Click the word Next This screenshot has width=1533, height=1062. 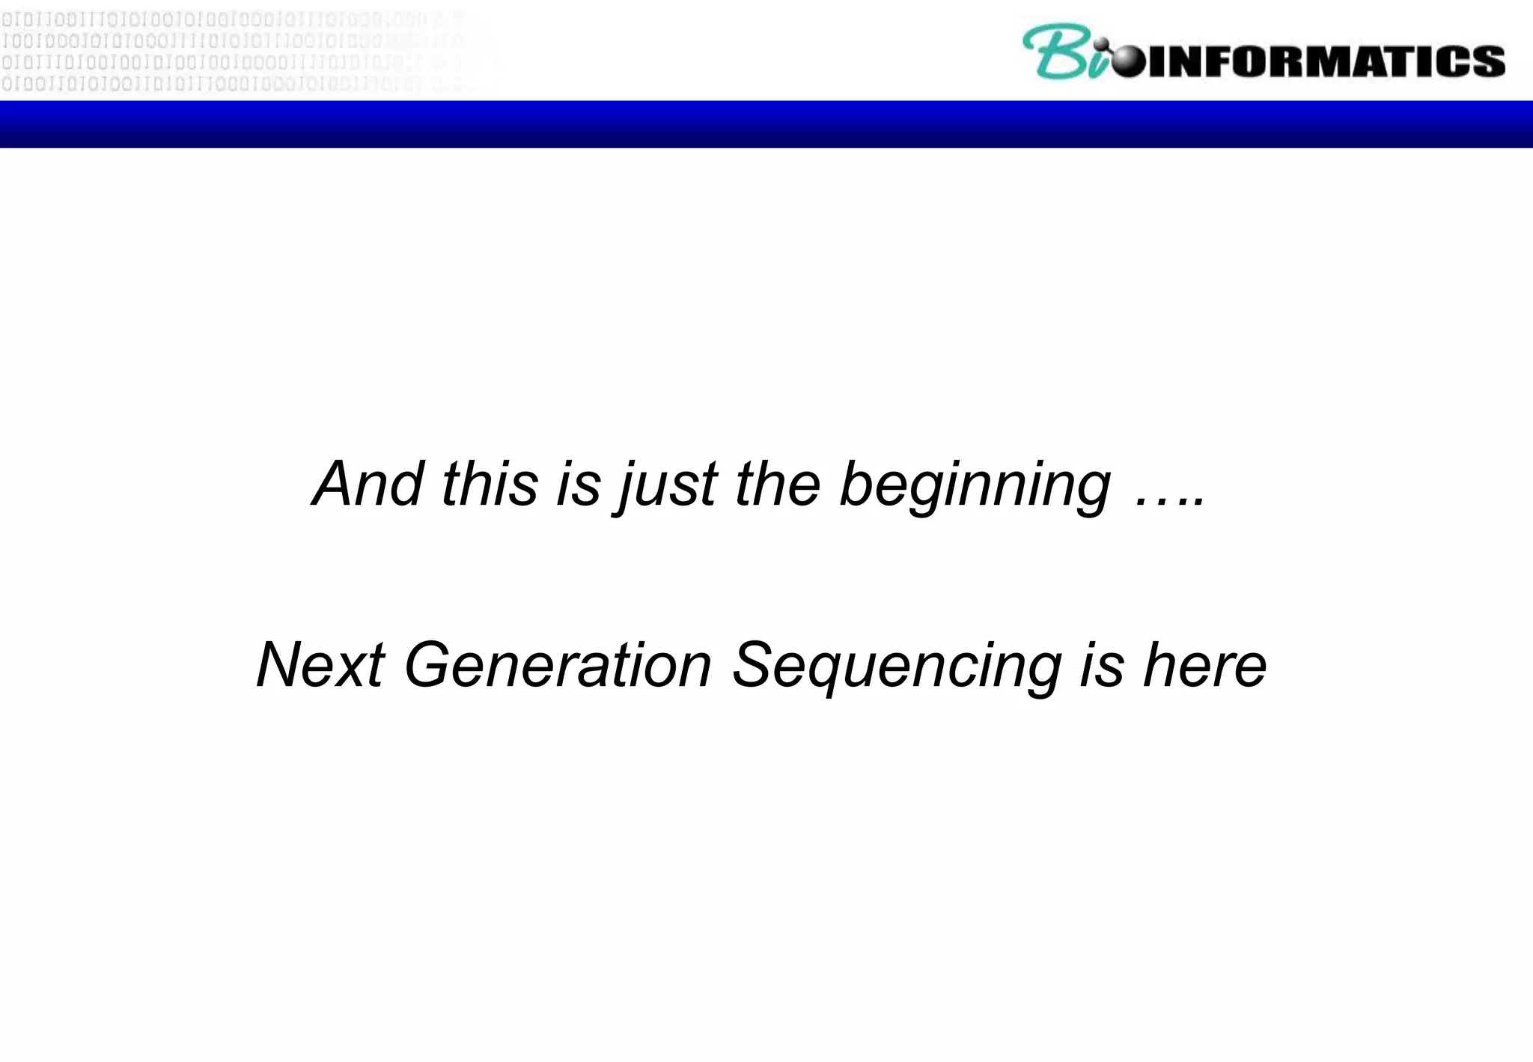[x=320, y=665]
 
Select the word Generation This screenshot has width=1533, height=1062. [x=558, y=665]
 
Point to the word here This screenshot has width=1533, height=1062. [x=1204, y=665]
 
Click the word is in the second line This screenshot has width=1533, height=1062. [x=1101, y=665]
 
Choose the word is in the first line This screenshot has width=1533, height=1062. [x=578, y=484]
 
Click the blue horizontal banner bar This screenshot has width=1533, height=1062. [x=766, y=124]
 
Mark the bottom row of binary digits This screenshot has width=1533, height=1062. [x=225, y=84]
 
